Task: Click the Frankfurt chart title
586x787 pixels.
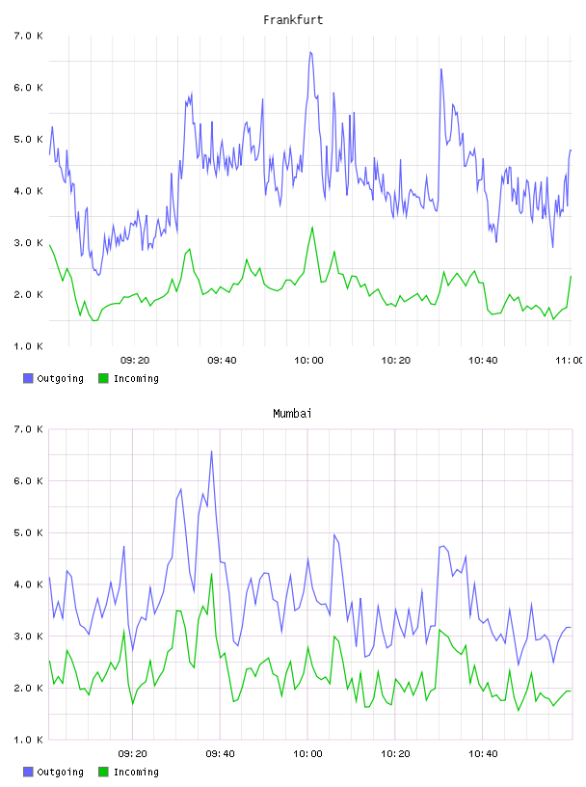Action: (293, 20)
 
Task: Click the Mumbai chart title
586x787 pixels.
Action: (292, 414)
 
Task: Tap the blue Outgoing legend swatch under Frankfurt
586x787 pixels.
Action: (28, 378)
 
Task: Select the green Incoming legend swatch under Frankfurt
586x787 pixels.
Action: (103, 378)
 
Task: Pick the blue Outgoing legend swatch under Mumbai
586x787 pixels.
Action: (28, 772)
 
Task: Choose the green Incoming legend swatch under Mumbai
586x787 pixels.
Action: (103, 772)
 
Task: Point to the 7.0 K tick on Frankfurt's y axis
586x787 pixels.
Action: (28, 36)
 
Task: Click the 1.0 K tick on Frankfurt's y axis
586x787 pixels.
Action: (28, 346)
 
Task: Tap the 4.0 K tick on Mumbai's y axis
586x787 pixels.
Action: (28, 584)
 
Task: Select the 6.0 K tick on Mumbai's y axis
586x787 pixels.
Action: (28, 481)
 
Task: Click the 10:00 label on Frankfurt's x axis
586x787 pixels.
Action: (308, 361)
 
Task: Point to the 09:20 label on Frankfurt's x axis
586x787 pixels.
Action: (135, 361)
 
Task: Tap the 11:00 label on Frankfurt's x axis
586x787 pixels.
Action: (570, 361)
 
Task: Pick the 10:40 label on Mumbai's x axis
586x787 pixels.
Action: (483, 754)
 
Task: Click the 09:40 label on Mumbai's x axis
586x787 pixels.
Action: (221, 754)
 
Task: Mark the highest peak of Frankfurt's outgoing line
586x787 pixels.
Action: (310, 52)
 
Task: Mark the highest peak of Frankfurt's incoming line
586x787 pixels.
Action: (312, 227)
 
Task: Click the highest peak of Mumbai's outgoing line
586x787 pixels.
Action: (212, 451)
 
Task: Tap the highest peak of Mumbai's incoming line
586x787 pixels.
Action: (212, 574)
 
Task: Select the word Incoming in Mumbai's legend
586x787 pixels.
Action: (137, 772)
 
